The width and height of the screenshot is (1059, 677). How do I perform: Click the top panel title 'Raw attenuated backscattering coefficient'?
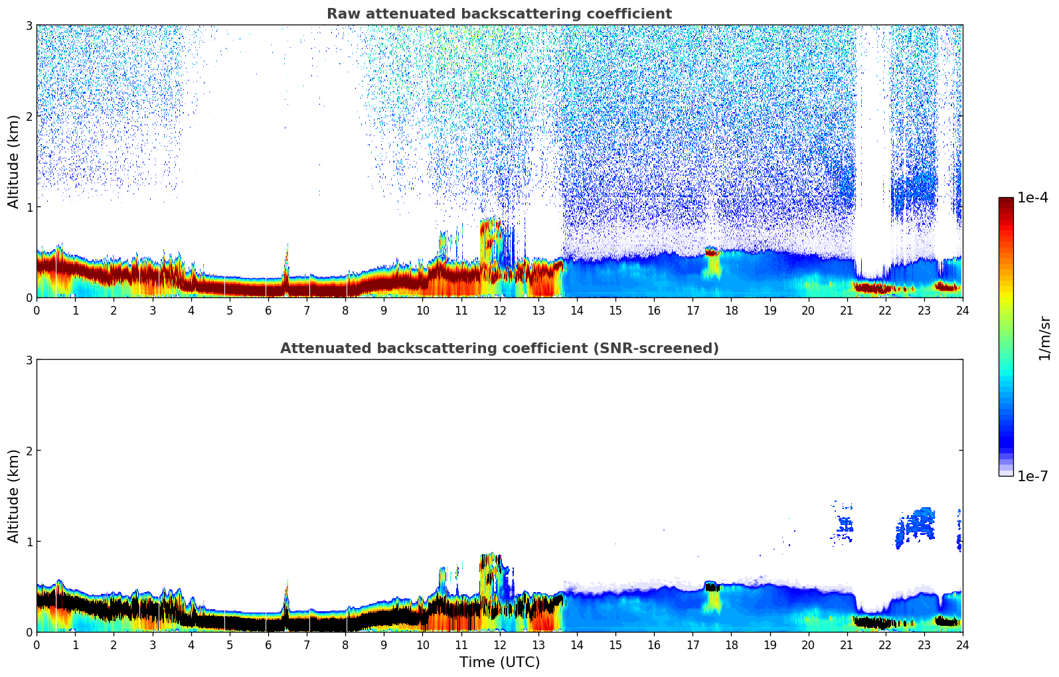499,14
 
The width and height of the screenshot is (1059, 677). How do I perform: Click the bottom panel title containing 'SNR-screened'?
499,348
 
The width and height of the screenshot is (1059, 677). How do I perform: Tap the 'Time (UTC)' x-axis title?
499,662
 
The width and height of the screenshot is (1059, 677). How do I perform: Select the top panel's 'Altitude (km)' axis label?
13,161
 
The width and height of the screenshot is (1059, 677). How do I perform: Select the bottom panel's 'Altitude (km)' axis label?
13,496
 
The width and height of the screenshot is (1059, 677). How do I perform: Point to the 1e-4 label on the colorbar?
1032,198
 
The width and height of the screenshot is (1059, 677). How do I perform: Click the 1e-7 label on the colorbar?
1032,477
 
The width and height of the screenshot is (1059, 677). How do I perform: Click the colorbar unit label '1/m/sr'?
1044,338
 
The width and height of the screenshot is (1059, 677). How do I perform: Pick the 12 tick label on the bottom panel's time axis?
499,645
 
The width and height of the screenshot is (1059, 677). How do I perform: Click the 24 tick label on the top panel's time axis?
962,311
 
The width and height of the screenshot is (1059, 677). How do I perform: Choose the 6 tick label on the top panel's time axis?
268,311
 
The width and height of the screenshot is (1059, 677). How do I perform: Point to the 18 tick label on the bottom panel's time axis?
731,645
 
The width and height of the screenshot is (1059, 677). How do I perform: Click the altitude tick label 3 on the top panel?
29,25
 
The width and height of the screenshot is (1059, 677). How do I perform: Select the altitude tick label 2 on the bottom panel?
29,451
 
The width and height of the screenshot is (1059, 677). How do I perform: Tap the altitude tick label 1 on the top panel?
29,207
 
